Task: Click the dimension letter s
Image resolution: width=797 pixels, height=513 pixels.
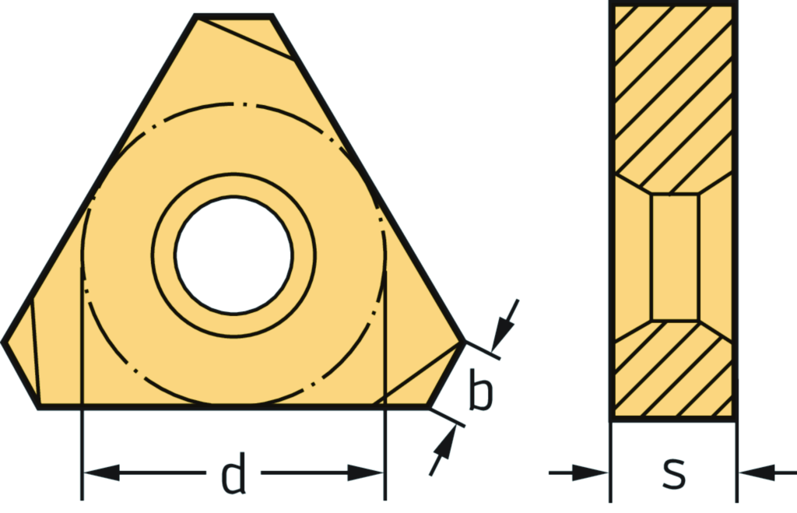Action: [x=673, y=472]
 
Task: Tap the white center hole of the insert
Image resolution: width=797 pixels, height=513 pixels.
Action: [x=233, y=255]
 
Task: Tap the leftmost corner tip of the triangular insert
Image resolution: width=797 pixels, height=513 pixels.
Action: [x=4, y=341]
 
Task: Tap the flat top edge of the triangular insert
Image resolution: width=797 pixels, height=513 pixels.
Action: [x=233, y=16]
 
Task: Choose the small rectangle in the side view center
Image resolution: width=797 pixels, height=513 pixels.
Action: [x=674, y=257]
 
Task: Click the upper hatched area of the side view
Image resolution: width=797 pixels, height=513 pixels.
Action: [x=674, y=93]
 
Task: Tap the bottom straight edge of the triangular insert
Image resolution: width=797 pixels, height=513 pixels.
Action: [x=233, y=406]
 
